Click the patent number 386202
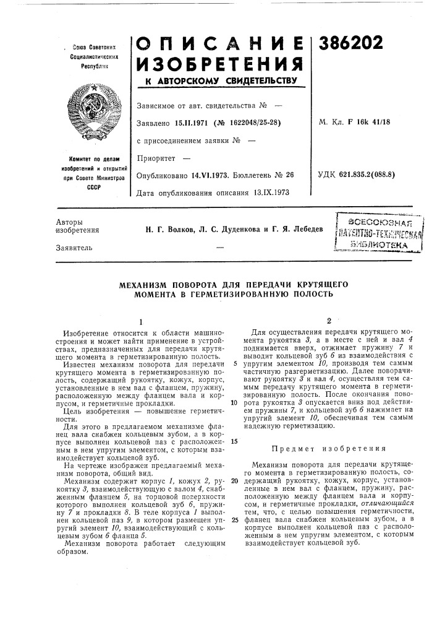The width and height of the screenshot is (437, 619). click(x=350, y=43)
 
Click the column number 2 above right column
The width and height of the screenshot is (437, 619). click(x=329, y=321)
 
